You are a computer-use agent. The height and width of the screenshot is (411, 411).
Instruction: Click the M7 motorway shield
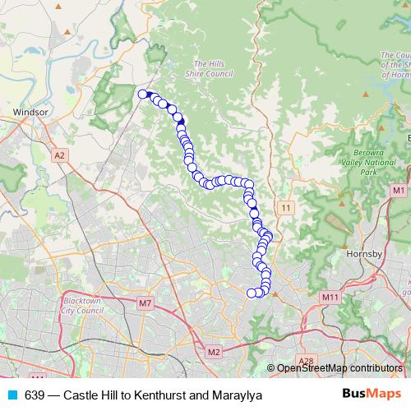[x=145, y=303]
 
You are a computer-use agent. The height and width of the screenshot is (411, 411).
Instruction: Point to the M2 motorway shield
[x=215, y=353]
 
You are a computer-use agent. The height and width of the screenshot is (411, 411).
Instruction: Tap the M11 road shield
[x=330, y=297]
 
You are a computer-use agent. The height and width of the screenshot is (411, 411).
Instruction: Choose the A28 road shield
[x=307, y=361]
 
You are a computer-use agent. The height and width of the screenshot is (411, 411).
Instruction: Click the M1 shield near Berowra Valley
[x=399, y=191]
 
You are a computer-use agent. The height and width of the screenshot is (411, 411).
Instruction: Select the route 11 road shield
[x=284, y=207]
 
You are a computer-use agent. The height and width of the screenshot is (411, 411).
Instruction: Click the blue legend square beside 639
[x=12, y=395]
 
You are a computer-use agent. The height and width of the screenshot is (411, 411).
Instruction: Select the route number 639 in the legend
[x=35, y=395]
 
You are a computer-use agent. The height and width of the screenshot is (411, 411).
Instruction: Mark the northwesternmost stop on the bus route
[x=142, y=95]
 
